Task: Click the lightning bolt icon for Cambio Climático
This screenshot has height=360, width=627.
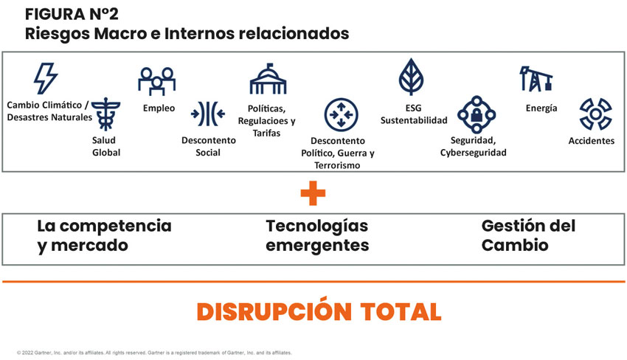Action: pyautogui.click(x=46, y=78)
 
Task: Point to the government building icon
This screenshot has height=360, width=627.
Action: pyautogui.click(x=271, y=79)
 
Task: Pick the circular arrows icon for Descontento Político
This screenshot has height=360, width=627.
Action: pyautogui.click(x=342, y=115)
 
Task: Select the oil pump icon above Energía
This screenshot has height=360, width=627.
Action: pyautogui.click(x=536, y=78)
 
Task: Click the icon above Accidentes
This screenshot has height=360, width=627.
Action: pyautogui.click(x=592, y=114)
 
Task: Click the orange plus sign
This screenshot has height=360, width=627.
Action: pyautogui.click(x=313, y=193)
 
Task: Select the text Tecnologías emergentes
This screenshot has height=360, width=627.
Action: pyautogui.click(x=317, y=235)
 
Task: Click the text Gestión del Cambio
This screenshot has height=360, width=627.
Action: pyautogui.click(x=528, y=235)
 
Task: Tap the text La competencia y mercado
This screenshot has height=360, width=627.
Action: pyautogui.click(x=104, y=235)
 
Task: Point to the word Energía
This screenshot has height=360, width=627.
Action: pyautogui.click(x=541, y=108)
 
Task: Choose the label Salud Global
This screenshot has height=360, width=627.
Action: pyautogui.click(x=106, y=146)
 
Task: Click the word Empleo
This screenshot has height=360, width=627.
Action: pyautogui.click(x=159, y=108)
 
